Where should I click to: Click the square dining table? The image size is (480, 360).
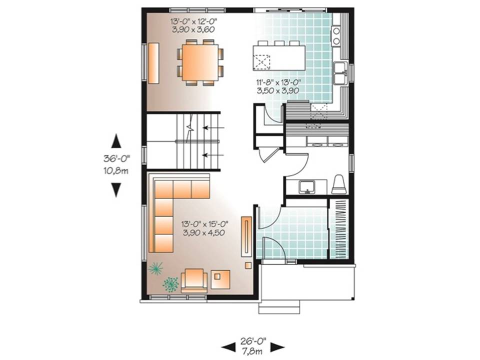(200, 63)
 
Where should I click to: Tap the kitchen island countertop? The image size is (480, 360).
(279, 57)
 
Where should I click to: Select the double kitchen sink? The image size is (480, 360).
(340, 73)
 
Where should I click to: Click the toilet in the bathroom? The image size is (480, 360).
(339, 184)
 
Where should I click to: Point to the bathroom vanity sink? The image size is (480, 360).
(307, 187)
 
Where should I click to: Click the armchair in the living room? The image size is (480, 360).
(194, 280)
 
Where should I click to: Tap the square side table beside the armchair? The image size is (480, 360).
(220, 279)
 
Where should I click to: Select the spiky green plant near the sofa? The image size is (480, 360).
(156, 268)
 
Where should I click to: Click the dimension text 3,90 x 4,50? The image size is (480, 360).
(203, 232)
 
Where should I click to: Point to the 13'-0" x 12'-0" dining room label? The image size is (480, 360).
(193, 21)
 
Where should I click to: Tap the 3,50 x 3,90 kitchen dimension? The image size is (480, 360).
(277, 90)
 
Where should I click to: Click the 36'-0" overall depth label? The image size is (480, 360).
(116, 158)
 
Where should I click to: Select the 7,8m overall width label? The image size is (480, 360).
(253, 351)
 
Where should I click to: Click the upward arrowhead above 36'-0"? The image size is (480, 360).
(116, 141)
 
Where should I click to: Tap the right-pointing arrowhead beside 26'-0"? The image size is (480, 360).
(277, 347)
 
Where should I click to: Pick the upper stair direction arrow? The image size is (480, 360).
(213, 127)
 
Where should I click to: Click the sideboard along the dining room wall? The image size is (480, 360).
(154, 63)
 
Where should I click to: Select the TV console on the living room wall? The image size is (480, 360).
(246, 236)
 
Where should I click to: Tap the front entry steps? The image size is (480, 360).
(279, 306)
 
